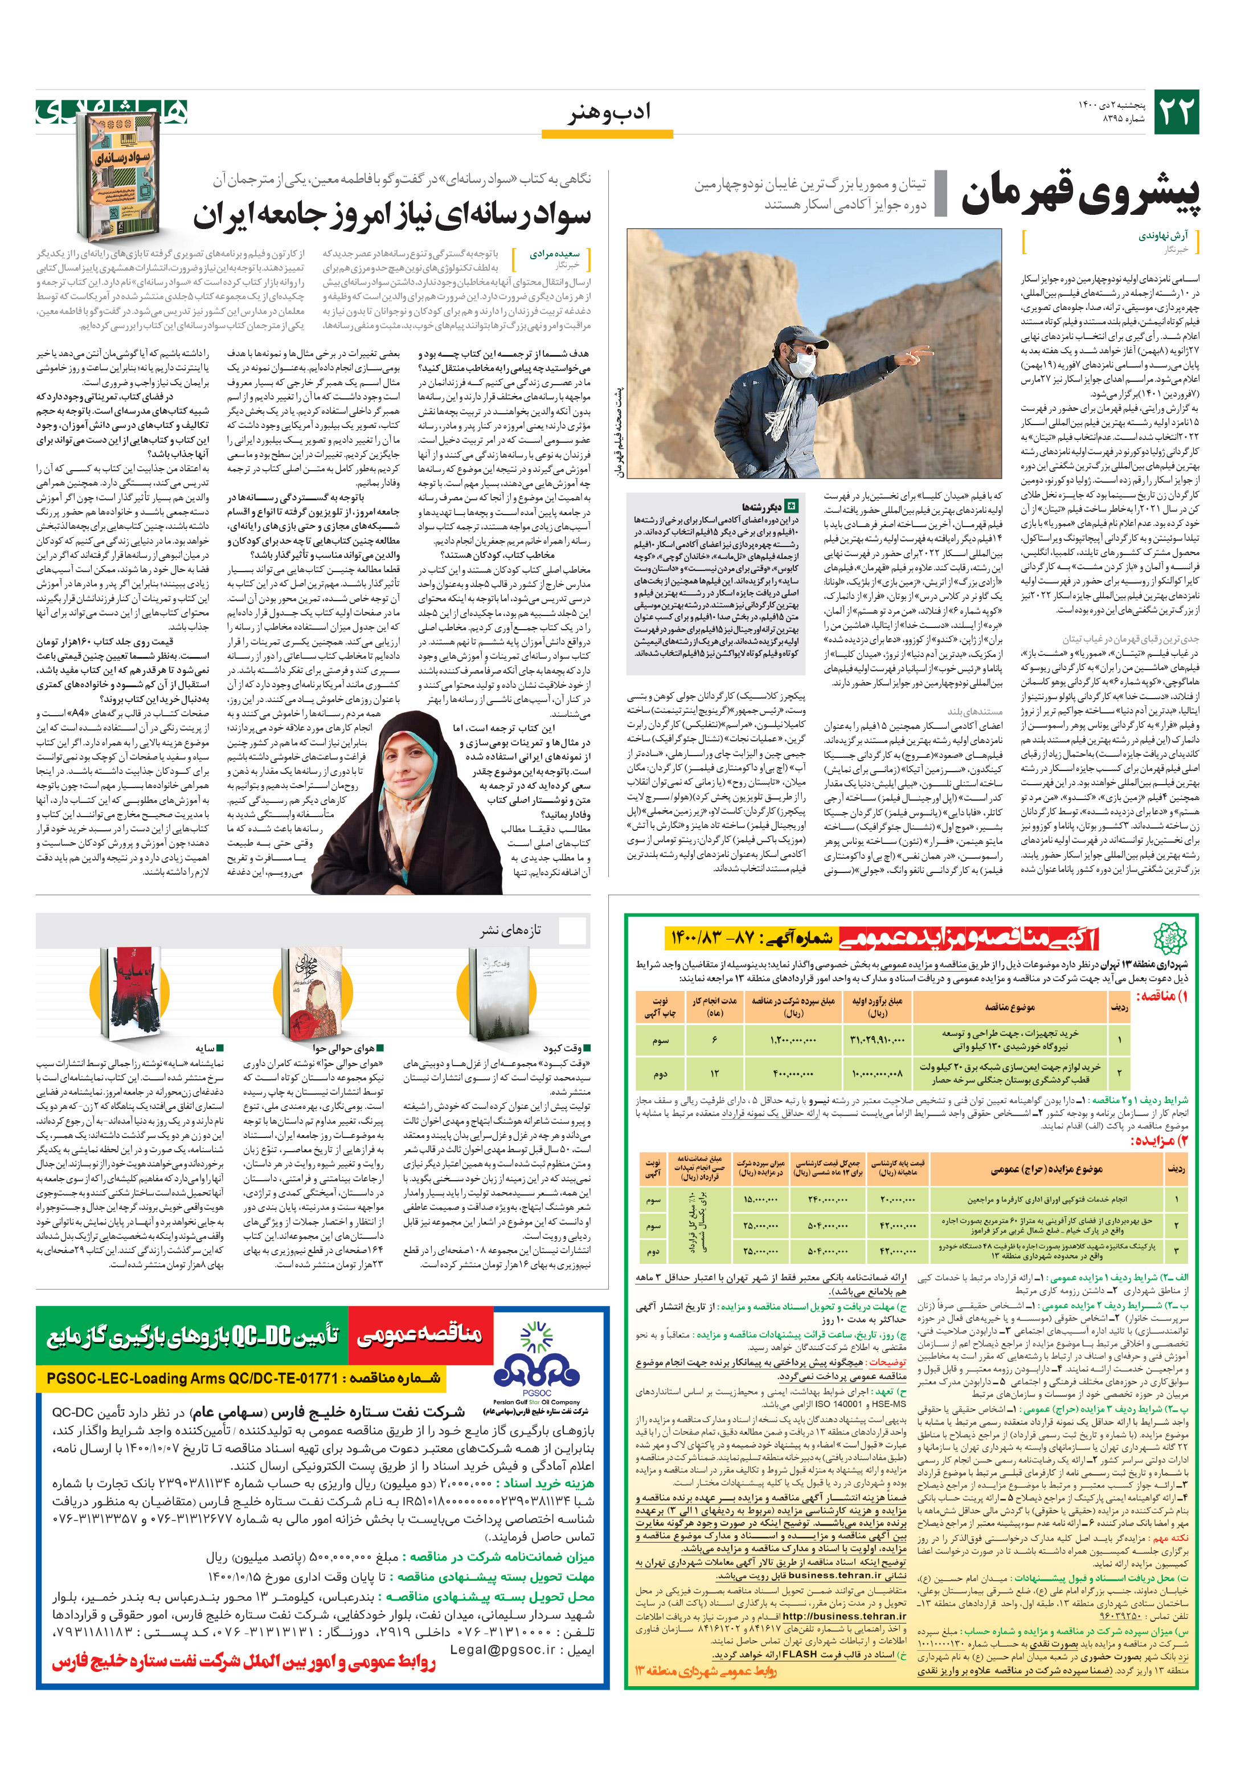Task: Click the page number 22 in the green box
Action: pos(1175,112)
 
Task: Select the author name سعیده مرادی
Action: pos(554,254)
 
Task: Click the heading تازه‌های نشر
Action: pos(510,930)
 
